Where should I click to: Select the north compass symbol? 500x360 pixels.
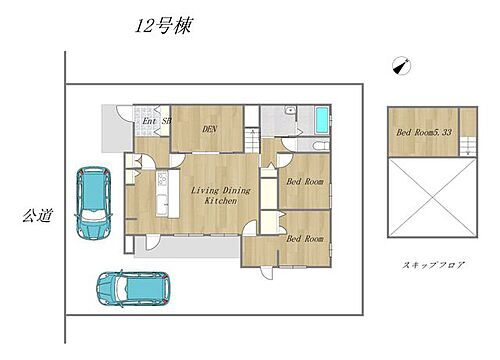401,66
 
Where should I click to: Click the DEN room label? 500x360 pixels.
210,128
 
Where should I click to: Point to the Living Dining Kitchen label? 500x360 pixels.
213,195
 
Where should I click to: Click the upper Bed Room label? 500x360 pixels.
305,182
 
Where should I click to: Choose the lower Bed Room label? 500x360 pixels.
305,239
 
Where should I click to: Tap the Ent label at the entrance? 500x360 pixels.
148,123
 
